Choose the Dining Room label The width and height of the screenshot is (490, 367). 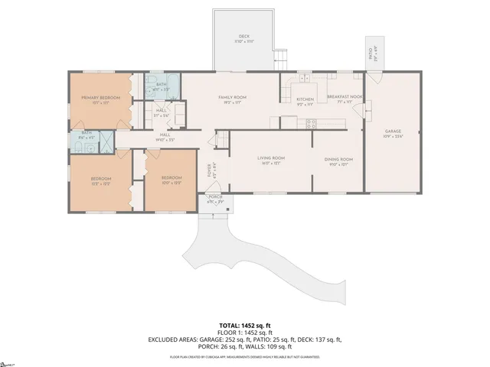pos(338,161)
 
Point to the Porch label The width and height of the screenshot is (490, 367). pos(215,200)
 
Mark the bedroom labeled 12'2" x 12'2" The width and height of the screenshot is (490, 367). pos(101,181)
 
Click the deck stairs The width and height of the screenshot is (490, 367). pos(281,57)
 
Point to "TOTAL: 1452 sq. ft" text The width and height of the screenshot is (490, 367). pos(244,325)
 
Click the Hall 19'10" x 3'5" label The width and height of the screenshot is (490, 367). pos(165,138)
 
